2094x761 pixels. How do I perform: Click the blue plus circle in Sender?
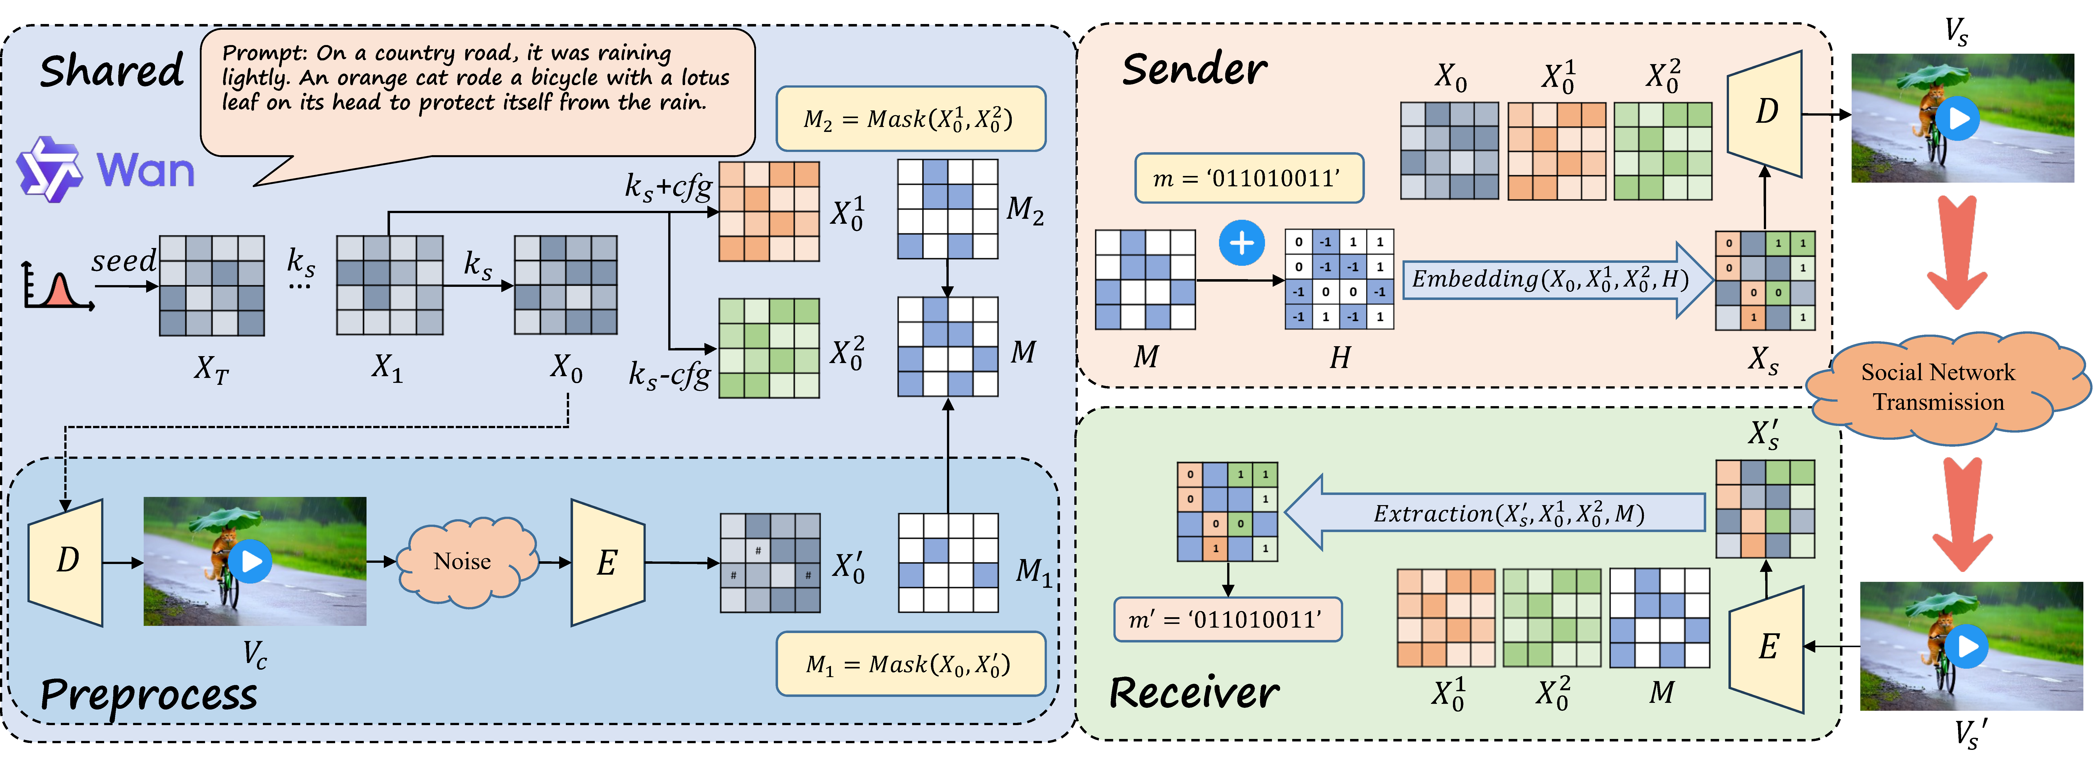1241,243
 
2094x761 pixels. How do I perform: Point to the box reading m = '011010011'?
1249,178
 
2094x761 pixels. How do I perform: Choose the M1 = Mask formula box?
910,664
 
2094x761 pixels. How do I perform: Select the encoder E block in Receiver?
1768,648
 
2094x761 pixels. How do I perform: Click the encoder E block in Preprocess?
607,563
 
